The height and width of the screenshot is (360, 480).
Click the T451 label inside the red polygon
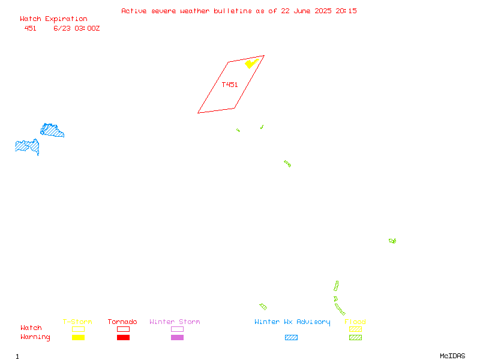click(x=230, y=85)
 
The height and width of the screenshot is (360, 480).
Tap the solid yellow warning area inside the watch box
click(x=251, y=64)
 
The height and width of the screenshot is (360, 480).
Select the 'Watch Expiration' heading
click(x=53, y=19)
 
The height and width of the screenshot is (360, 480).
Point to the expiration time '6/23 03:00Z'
click(x=77, y=28)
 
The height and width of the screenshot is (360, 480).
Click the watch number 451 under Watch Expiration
click(x=31, y=28)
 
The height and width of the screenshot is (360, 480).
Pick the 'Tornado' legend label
click(x=122, y=322)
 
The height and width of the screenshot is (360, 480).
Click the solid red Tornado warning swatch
click(x=124, y=337)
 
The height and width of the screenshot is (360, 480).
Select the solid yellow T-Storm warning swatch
click(x=79, y=337)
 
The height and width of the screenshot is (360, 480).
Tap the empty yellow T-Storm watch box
click(x=79, y=329)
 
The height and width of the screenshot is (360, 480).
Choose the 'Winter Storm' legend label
click(x=175, y=322)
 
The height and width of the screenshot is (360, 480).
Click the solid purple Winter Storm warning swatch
click(x=177, y=337)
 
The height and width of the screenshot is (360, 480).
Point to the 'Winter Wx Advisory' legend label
click(x=292, y=322)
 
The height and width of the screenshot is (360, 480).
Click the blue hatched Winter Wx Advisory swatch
click(x=291, y=337)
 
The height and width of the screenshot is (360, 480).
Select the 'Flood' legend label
click(x=355, y=322)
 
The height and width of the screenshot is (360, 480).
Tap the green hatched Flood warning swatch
click(x=355, y=337)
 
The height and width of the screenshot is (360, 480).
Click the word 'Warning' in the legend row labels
click(x=35, y=337)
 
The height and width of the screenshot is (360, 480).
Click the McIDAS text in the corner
click(x=452, y=356)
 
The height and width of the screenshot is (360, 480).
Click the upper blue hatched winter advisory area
click(x=52, y=131)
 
